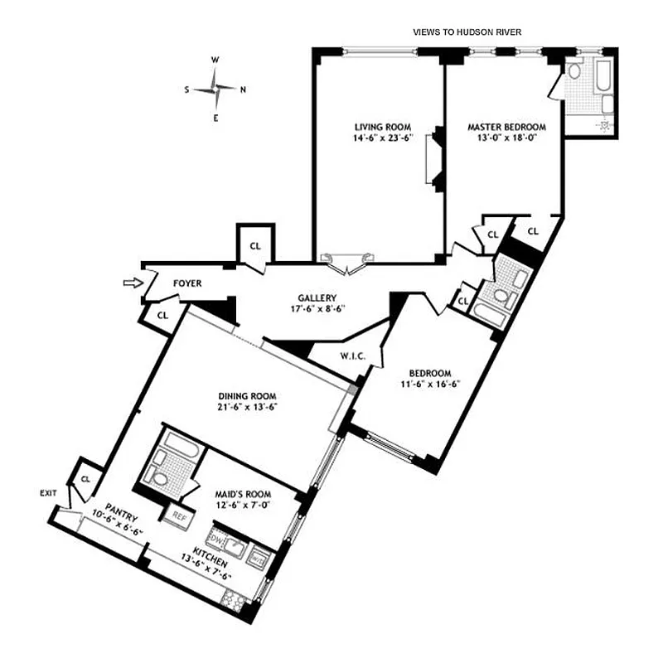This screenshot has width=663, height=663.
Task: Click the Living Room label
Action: (x=377, y=127)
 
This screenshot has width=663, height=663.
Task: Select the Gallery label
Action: (x=316, y=298)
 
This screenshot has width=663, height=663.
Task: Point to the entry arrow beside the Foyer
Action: (x=131, y=283)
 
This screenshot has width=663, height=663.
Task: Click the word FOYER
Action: (x=187, y=284)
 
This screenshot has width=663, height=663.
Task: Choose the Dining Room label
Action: (x=247, y=395)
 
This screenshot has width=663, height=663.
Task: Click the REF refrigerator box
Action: (x=179, y=515)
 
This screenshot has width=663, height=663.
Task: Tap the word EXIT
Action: (x=49, y=493)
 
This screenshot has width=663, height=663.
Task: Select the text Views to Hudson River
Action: (x=467, y=32)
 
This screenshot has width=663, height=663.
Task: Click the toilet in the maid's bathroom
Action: (x=157, y=477)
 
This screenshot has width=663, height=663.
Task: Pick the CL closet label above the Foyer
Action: (x=254, y=245)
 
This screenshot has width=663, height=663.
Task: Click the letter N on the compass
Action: (x=242, y=90)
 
